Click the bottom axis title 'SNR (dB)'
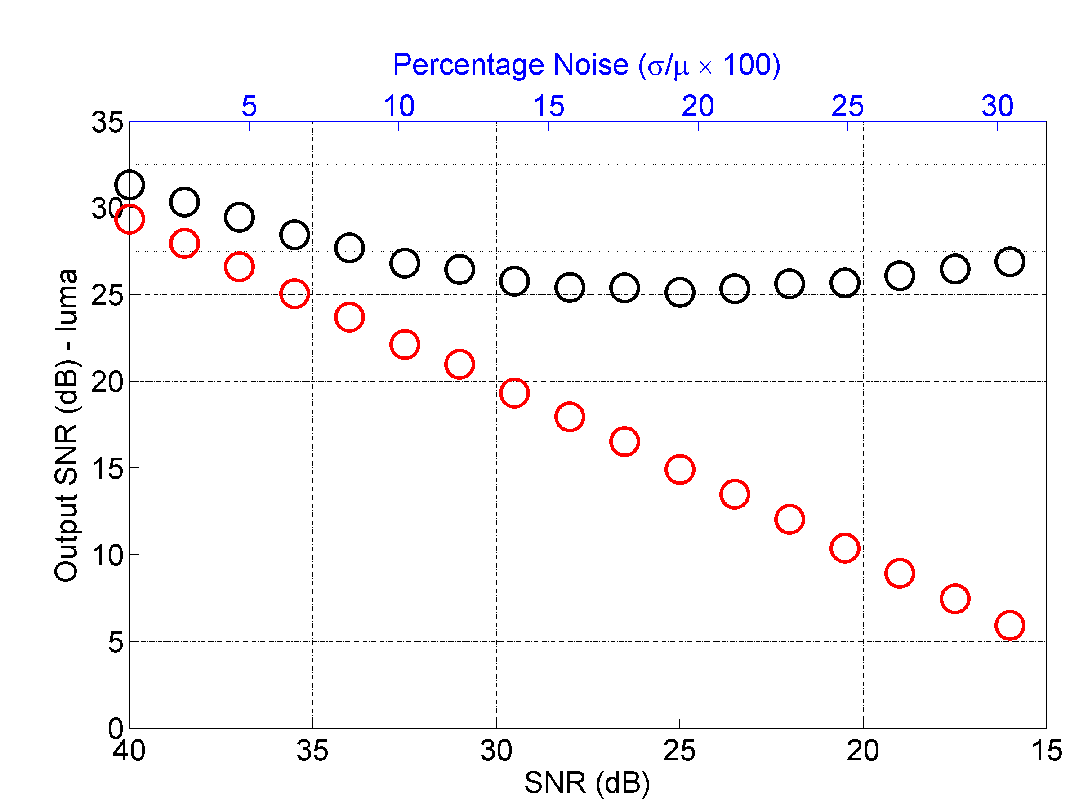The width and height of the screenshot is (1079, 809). click(587, 783)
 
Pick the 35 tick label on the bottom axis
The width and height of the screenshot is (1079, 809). click(312, 751)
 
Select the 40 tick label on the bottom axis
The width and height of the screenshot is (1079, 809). click(129, 751)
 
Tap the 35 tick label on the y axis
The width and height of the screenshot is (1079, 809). click(107, 122)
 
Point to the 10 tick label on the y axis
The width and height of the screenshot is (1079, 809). click(107, 556)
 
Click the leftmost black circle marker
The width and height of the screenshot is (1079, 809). click(129, 185)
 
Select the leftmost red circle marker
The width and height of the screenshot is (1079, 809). click(129, 219)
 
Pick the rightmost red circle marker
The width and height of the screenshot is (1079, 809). click(1010, 625)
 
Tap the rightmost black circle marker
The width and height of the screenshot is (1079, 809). click(1010, 262)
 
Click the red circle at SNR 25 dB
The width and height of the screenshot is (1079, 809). click(679, 469)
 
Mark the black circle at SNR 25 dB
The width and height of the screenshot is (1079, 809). click(679, 293)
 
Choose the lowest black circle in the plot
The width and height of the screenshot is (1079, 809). click(679, 293)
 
